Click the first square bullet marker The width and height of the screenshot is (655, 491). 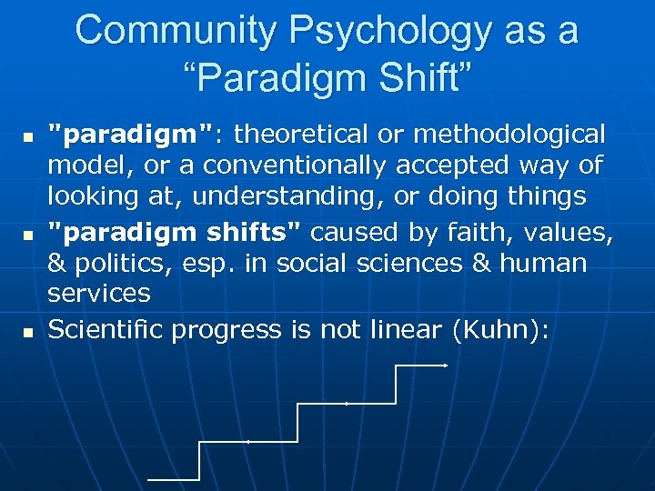point(27,137)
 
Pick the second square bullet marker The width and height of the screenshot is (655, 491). point(27,235)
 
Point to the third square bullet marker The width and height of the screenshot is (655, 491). point(27,332)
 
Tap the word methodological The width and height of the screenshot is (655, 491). point(509,135)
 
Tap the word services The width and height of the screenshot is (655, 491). point(98,294)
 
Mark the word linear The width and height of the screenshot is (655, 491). point(406,328)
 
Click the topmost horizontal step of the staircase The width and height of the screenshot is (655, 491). point(420,365)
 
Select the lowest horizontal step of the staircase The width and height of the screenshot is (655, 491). point(173,478)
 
